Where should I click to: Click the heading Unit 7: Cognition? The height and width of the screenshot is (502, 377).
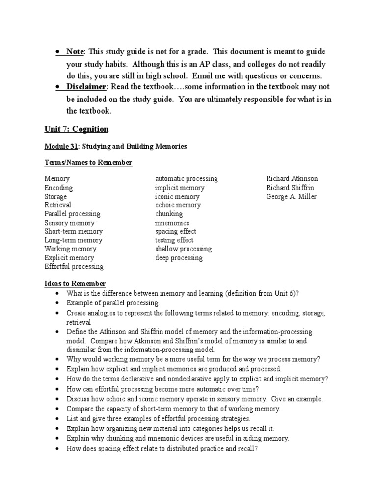click(77, 129)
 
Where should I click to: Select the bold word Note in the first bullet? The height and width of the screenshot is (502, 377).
click(75, 52)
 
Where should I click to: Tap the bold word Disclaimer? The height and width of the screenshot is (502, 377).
click(86, 87)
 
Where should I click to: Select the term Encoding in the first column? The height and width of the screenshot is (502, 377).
click(58, 188)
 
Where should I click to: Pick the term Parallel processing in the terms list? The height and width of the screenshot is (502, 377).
click(72, 214)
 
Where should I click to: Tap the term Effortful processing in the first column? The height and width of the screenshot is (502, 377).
click(74, 267)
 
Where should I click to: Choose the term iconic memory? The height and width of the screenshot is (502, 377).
click(177, 197)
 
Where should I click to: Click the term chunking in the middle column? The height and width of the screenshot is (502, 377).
click(169, 214)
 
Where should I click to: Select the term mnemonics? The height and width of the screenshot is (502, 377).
click(172, 223)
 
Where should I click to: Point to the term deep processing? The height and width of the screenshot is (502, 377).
click(179, 258)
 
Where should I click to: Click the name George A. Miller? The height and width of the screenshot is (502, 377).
click(292, 197)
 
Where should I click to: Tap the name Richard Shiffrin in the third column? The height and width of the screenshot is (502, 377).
click(290, 188)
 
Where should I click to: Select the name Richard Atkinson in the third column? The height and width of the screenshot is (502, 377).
click(292, 179)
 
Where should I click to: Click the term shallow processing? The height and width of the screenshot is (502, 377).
click(184, 249)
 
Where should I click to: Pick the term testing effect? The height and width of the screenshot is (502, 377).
click(174, 240)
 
